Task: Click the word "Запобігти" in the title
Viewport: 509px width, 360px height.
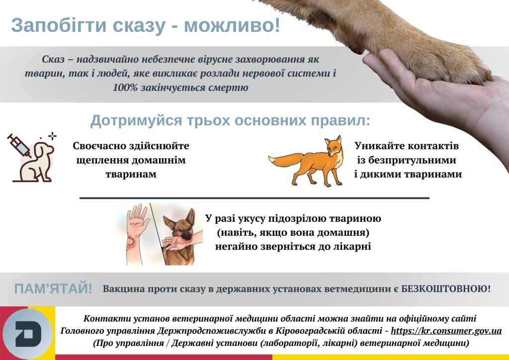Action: [59, 25]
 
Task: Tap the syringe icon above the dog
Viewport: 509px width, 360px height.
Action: [18, 145]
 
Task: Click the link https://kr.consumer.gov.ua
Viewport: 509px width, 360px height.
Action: [446, 331]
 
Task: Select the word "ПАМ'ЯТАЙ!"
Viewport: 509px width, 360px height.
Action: [53, 288]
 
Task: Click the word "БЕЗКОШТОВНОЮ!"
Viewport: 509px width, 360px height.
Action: [446, 288]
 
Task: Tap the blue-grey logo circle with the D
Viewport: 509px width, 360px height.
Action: [28, 333]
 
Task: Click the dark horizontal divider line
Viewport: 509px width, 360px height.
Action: [254, 198]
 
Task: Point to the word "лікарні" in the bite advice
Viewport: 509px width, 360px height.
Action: [353, 247]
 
